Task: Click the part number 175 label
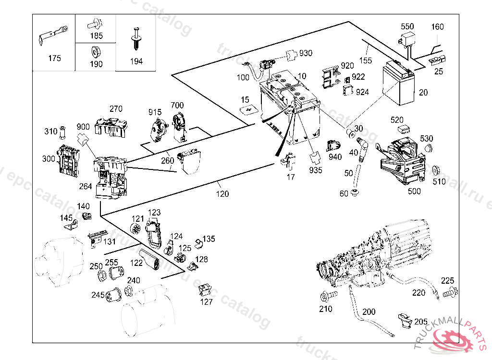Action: pos(55,59)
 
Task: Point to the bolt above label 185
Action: pos(95,22)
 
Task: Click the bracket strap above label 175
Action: pos(52,36)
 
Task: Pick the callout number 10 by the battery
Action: pos(302,76)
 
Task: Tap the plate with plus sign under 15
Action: pos(249,111)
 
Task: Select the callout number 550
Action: pos(407,26)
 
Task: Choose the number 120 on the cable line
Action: pos(222,194)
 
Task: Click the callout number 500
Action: pos(414,191)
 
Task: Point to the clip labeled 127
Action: pos(206,289)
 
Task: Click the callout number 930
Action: pos(306,53)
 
